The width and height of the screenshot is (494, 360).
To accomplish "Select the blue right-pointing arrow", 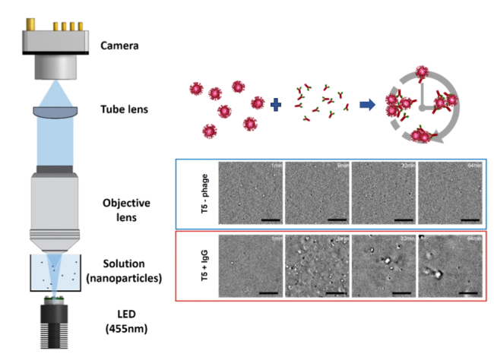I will tap(367, 105).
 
